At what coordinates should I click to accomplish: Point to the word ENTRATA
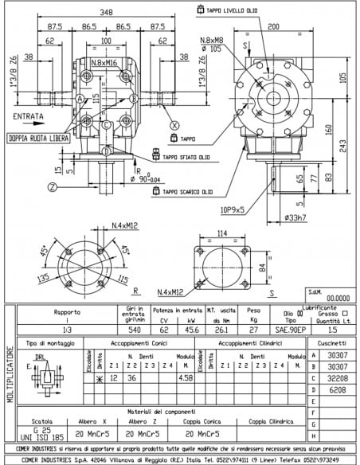click(28, 116)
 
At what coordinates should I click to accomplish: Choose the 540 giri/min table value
click(135, 328)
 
